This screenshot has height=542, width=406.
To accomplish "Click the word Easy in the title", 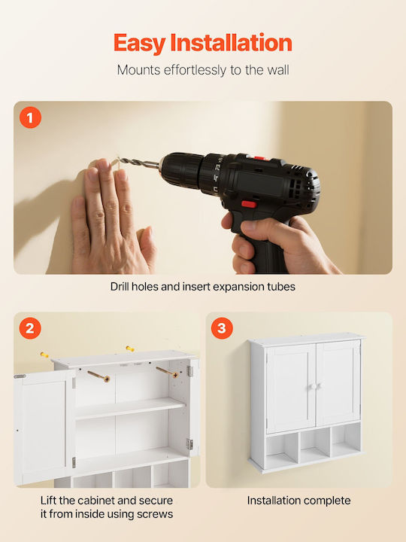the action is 140,44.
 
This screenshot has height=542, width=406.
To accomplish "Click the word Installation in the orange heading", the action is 232,42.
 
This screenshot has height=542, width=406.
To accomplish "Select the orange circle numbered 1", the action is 30,117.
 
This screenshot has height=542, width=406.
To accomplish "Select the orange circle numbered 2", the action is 30,328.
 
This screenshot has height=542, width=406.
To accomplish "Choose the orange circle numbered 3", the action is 222,328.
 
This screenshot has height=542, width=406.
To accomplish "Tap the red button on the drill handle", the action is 249,204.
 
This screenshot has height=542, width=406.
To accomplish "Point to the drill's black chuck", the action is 182,171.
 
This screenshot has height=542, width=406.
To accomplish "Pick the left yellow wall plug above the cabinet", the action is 44,355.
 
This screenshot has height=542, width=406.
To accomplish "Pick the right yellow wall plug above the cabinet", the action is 130,349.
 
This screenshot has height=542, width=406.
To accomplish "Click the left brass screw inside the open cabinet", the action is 98,376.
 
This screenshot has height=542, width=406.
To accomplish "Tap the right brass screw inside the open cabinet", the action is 168,372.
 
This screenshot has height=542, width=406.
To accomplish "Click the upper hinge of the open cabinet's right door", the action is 189,371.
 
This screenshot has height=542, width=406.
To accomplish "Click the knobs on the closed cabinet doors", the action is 316,386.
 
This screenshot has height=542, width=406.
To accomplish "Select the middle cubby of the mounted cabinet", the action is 314,446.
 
